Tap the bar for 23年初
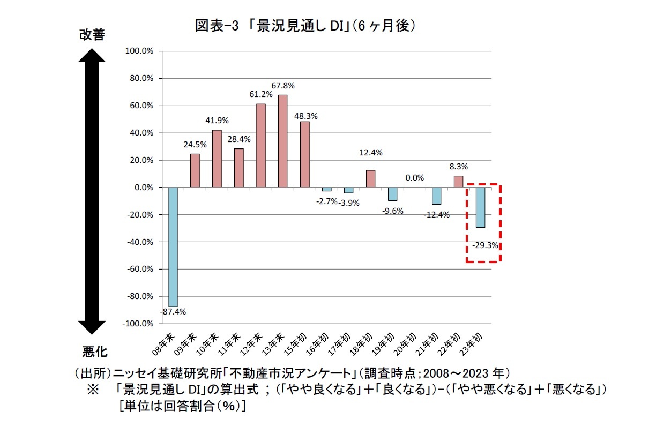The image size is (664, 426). coord(481,207)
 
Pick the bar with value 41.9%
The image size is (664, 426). coord(217,159)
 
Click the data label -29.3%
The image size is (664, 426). coord(486,246)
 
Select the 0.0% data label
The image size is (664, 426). coord(415,178)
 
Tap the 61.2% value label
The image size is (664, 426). coord(261,94)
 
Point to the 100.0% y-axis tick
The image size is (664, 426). coord(139,51)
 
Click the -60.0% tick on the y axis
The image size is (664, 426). coord(139,269)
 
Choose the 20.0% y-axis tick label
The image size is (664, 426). coord(140,160)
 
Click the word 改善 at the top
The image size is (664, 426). coord(92,34)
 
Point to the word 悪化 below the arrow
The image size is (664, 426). coord(95,352)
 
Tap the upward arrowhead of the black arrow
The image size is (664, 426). coord(92,56)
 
